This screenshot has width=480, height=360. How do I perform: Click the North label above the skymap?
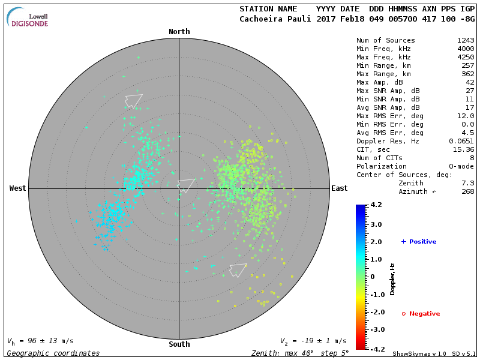click(179, 32)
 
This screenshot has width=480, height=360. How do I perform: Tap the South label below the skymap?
click(179, 344)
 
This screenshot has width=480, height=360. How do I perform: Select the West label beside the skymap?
click(18, 188)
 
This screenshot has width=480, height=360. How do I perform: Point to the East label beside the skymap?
click(340, 188)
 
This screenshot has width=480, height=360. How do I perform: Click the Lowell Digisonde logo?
click(28, 17)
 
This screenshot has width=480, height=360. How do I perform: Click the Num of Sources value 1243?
click(466, 40)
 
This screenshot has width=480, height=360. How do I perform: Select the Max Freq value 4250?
click(466, 57)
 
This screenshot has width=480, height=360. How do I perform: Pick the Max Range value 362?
click(468, 74)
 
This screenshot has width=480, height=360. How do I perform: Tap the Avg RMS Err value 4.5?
click(468, 133)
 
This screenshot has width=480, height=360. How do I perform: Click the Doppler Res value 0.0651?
click(461, 141)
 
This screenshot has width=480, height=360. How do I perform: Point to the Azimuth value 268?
click(468, 191)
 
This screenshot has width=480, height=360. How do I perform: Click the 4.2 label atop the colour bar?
click(376, 205)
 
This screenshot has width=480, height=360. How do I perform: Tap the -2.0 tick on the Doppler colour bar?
click(376, 312)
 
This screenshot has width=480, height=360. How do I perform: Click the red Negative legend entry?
click(421, 314)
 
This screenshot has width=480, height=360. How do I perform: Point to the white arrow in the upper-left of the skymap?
click(133, 100)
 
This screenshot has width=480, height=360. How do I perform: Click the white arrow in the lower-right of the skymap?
click(238, 269)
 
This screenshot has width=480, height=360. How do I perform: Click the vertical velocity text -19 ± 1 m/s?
click(313, 341)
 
